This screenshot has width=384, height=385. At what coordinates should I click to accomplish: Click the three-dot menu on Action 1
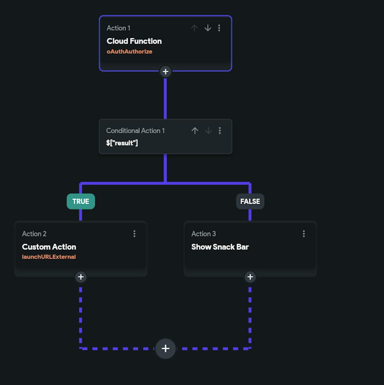click(219, 28)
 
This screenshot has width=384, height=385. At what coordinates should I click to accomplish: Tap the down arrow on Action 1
click(208, 28)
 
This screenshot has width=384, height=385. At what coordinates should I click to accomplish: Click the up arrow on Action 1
click(194, 28)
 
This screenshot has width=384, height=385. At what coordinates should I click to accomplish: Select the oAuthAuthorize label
click(129, 51)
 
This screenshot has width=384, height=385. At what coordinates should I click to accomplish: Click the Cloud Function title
click(134, 41)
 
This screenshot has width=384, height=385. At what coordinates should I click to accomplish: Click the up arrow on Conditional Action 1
click(195, 131)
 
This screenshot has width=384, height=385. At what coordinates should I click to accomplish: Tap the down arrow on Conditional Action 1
click(208, 131)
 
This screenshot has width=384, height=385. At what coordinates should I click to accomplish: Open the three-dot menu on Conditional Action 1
click(220, 131)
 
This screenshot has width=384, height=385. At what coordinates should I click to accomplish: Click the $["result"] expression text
click(122, 143)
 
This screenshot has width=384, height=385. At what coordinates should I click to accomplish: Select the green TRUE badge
click(81, 202)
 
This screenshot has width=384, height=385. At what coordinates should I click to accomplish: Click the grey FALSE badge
click(250, 202)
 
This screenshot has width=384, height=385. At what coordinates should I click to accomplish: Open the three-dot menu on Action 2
click(134, 234)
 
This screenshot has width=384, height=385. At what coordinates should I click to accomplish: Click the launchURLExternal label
click(49, 257)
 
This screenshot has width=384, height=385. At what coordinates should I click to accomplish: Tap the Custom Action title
click(49, 247)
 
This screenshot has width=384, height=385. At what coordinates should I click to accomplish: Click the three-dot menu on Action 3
click(304, 234)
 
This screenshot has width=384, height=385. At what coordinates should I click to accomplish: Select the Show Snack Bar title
click(220, 247)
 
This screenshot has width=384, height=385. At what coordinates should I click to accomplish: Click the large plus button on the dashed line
click(166, 349)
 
